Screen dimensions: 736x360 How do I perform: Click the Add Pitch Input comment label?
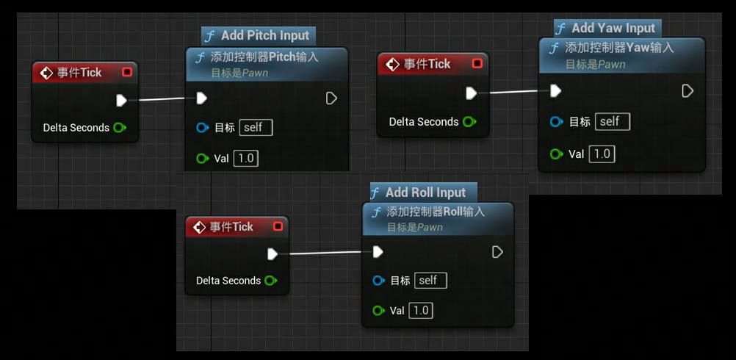pyautogui.click(x=259, y=36)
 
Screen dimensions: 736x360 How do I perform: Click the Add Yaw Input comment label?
pyautogui.click(x=607, y=28)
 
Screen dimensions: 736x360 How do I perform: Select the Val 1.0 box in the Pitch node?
pyautogui.click(x=246, y=159)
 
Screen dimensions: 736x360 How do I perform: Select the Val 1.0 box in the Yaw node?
pyautogui.click(x=602, y=154)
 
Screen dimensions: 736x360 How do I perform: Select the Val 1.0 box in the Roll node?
pyautogui.click(x=421, y=311)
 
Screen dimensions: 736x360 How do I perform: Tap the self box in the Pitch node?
pyautogui.click(x=256, y=128)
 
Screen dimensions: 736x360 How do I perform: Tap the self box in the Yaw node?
pyautogui.click(x=612, y=122)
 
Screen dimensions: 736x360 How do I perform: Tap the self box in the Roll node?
pyautogui.click(x=430, y=281)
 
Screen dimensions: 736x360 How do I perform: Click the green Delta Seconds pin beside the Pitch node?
pyautogui.click(x=119, y=128)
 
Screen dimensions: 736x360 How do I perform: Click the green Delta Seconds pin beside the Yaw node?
pyautogui.click(x=469, y=122)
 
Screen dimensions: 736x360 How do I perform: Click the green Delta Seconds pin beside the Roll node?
pyautogui.click(x=270, y=281)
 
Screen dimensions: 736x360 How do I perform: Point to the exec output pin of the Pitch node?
pyautogui.click(x=331, y=98)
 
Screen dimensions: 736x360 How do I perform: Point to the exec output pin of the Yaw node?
pyautogui.click(x=688, y=90)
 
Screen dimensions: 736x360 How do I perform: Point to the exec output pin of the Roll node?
pyautogui.click(x=497, y=252)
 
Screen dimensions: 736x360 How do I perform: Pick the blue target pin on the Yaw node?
pyautogui.click(x=556, y=122)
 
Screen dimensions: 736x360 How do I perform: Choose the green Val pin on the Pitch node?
pyautogui.click(x=202, y=159)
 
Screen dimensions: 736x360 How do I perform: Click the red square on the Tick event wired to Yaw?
pyautogui.click(x=477, y=63)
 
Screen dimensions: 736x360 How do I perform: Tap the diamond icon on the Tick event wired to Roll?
pyautogui.click(x=200, y=227)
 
